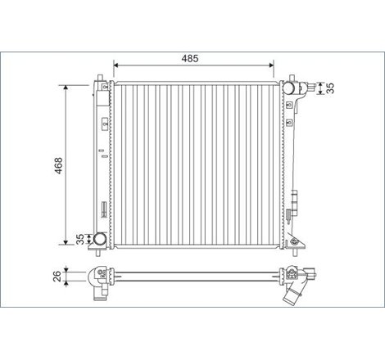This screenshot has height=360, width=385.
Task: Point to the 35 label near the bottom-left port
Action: (x=79, y=239)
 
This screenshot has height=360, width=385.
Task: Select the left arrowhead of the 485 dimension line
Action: (x=115, y=65)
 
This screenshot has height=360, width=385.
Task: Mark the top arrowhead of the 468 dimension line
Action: (x=65, y=85)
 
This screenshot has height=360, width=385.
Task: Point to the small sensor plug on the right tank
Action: (x=294, y=200)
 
